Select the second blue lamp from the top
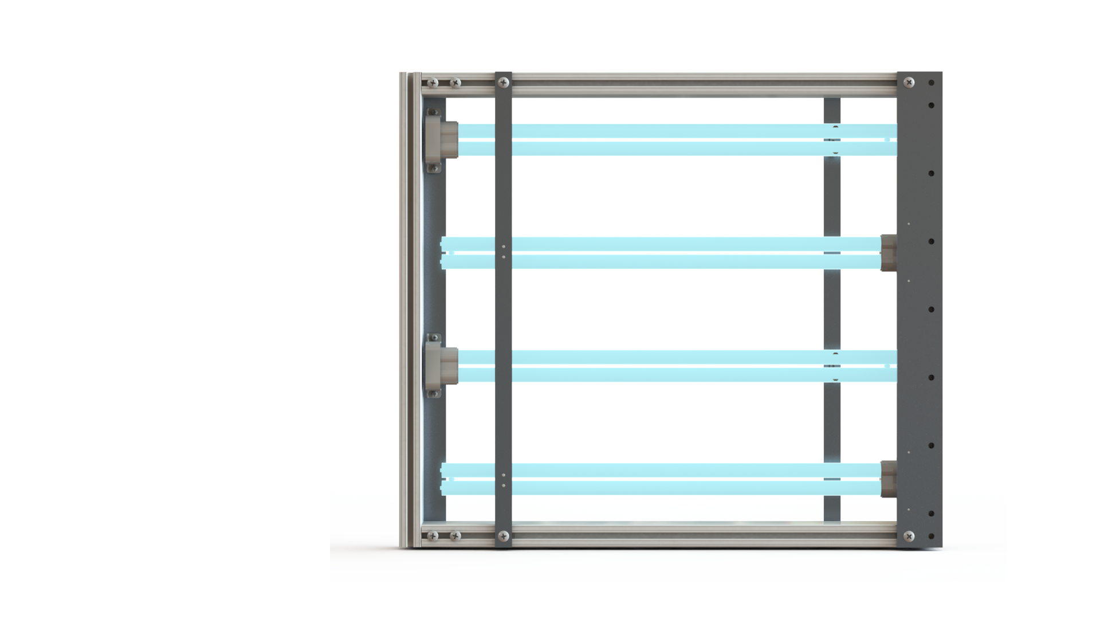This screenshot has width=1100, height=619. (x=665, y=253)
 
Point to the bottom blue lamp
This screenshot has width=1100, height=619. (x=665, y=479)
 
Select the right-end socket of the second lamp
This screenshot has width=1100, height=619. (x=889, y=253)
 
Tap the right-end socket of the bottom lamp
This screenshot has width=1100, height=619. (x=889, y=479)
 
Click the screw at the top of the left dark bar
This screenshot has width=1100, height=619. (x=504, y=83)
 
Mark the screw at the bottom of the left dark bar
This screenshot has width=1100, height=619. (x=504, y=536)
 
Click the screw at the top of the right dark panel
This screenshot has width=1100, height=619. (x=909, y=83)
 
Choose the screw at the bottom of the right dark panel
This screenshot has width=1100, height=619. (x=909, y=536)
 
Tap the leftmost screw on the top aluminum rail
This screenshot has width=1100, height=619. (x=433, y=83)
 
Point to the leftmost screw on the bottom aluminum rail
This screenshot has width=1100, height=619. (x=433, y=536)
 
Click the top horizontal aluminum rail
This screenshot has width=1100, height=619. (x=699, y=84)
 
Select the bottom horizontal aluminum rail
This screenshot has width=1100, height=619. (x=699, y=536)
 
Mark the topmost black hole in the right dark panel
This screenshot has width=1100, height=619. (x=932, y=83)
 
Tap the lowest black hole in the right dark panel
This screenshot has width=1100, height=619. (x=932, y=536)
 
